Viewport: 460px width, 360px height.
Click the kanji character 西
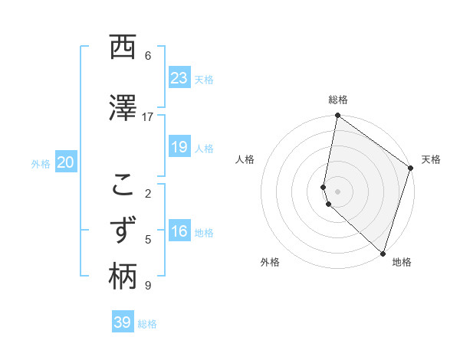click(123, 48)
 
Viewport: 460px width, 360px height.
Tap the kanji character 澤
click(123, 110)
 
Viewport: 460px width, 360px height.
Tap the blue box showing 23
click(179, 78)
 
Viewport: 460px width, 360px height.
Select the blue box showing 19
click(179, 147)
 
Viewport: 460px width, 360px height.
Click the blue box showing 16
click(179, 232)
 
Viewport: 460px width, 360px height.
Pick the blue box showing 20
click(65, 162)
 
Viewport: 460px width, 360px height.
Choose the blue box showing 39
click(122, 322)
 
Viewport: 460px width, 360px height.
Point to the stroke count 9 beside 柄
click(147, 286)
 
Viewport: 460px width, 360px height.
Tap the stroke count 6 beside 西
click(147, 56)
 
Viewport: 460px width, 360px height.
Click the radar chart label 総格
click(338, 100)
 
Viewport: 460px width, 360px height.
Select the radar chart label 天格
click(431, 159)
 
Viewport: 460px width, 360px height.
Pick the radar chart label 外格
click(270, 262)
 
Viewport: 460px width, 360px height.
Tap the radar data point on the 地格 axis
click(383, 252)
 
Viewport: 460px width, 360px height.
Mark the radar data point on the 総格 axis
click(337, 116)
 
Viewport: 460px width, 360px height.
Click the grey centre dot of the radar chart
click(338, 191)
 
